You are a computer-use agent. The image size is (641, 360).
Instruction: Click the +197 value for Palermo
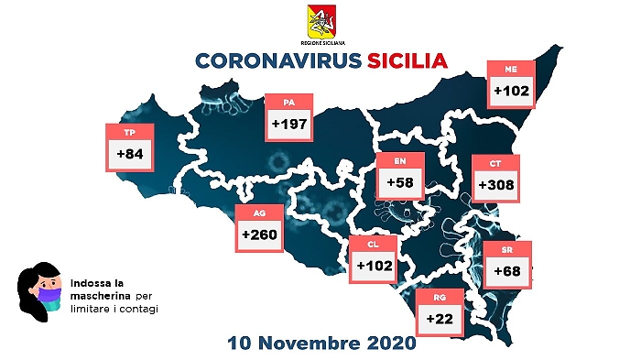tap(289, 123)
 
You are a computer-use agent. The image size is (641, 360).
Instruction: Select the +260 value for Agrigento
tap(259, 236)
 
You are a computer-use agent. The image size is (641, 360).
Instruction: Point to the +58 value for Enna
tap(400, 183)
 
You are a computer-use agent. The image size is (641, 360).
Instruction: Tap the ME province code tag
tap(510, 68)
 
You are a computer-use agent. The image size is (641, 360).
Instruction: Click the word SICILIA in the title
tap(401, 61)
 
